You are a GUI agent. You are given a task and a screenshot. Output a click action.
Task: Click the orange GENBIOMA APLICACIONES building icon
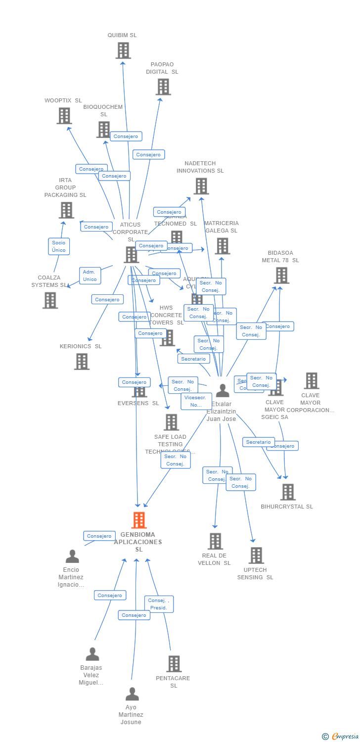pos(139,520)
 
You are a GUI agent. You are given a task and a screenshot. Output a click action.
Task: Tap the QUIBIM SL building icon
pos(123,50)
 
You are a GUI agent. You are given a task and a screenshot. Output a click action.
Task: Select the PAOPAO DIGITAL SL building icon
pos(163,87)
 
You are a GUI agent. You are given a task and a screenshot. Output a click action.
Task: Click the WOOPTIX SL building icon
pos(64,116)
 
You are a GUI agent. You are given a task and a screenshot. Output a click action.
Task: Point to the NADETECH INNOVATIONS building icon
pos(201,186)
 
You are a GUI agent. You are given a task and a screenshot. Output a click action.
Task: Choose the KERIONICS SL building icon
pos(82,362)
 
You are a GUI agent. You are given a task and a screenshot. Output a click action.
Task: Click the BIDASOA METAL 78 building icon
pos(281,276)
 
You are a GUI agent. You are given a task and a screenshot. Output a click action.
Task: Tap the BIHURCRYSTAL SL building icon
pos(287,492)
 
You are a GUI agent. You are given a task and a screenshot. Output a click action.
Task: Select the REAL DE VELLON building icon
pos(215,541)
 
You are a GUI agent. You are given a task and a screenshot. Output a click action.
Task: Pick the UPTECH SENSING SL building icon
pos(256,556)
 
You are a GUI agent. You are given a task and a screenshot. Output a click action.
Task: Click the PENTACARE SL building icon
pos(174,664)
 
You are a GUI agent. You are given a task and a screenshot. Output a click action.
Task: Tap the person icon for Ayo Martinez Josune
pos(132,694)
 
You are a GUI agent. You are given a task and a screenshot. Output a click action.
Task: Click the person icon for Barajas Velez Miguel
pos(92,654)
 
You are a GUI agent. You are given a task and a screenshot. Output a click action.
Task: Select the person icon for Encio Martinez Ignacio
pos(72,556)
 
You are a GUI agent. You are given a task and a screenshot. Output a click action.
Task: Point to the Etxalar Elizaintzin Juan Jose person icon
pos(223,391)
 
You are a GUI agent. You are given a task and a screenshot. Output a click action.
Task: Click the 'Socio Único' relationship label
pos(59,246)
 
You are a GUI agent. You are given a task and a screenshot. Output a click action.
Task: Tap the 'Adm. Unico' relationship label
pos(90,276)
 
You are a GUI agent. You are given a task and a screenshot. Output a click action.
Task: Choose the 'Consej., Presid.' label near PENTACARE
pos(159,604)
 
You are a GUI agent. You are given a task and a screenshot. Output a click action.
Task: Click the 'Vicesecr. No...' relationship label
pos(196,401)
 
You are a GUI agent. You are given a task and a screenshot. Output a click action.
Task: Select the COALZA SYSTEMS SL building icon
pos(50,300)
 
